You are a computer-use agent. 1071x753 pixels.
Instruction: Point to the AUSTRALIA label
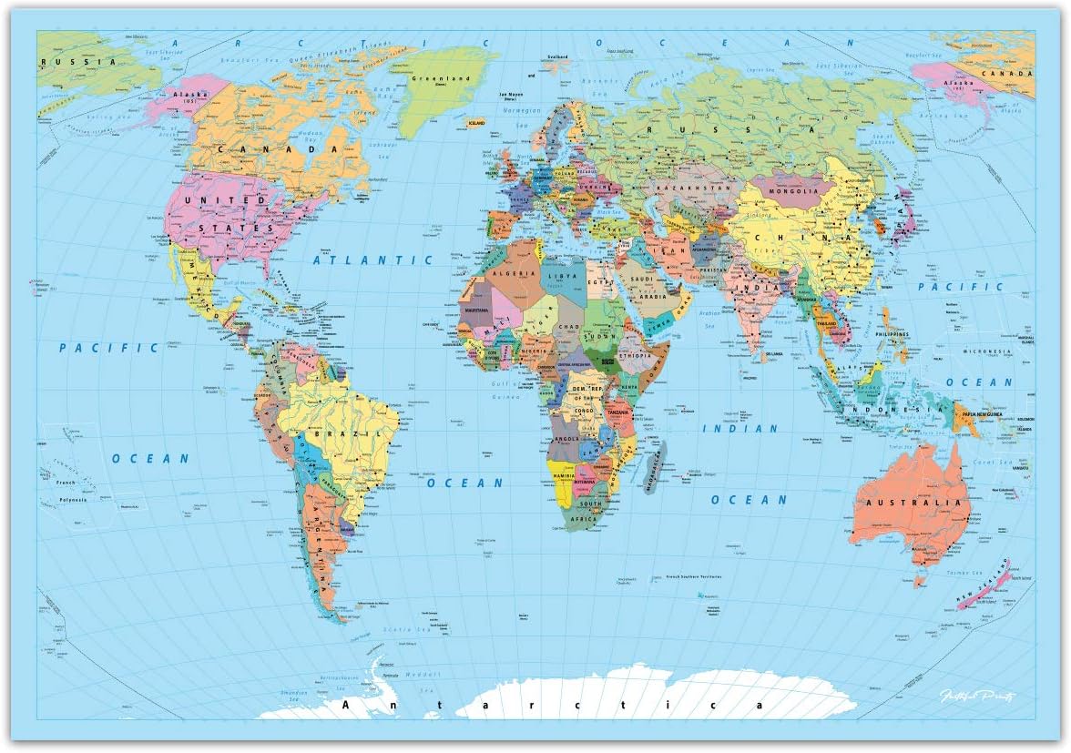point(914,503)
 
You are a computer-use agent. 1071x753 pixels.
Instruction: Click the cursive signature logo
point(976,697)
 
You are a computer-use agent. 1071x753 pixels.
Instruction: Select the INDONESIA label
point(893,410)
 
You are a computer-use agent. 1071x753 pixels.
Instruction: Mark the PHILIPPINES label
point(892,335)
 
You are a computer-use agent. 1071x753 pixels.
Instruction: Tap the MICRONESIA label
point(990,351)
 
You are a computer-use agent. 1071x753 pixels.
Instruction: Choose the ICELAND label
point(475,121)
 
